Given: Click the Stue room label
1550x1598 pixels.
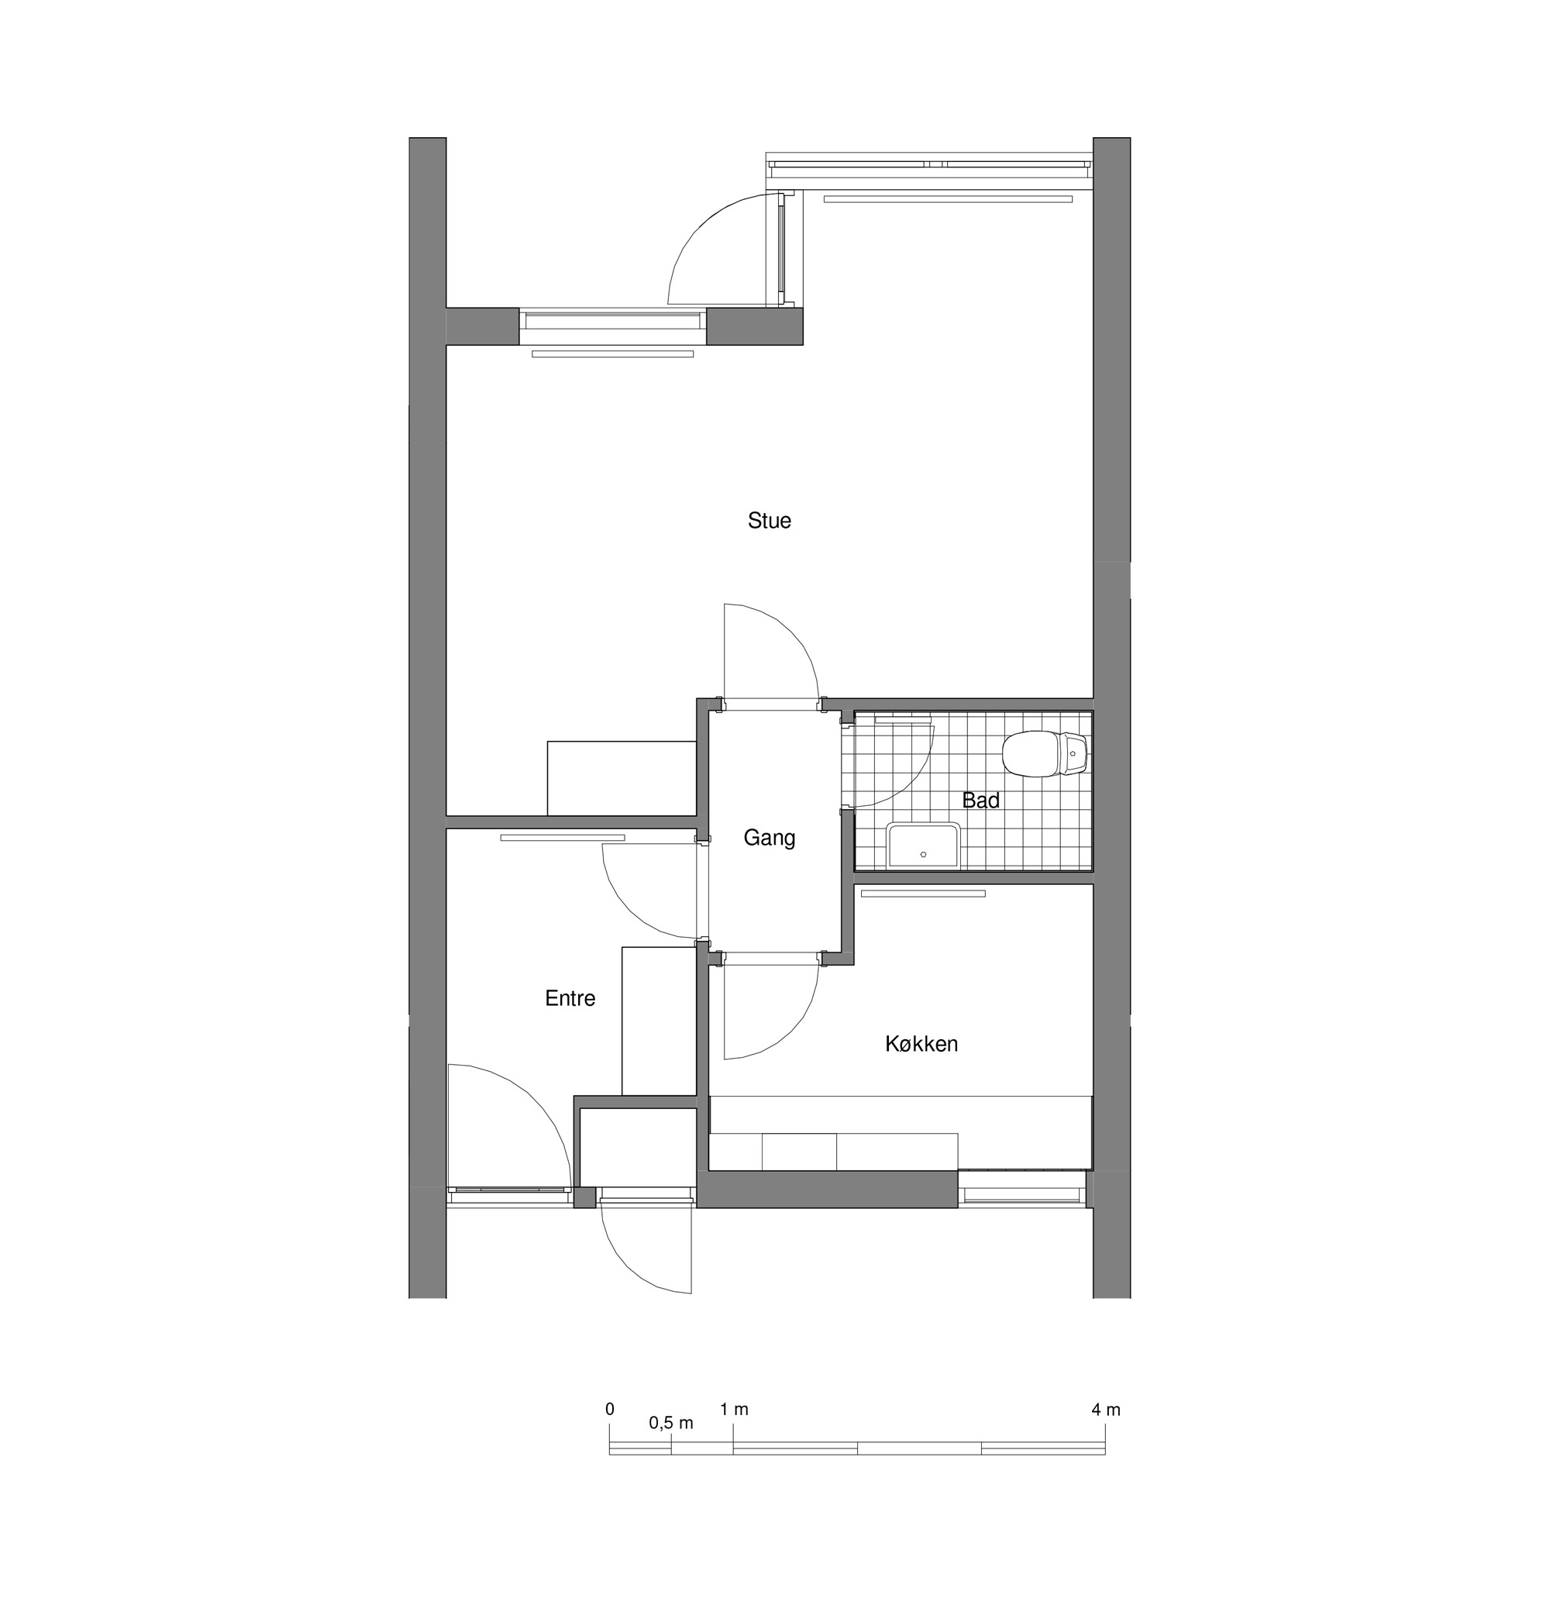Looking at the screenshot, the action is pos(769,521).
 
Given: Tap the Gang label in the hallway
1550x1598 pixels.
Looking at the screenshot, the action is pos(769,838).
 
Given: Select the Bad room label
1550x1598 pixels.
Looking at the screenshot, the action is pos(980,801).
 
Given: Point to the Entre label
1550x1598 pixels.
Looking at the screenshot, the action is pos(570,999).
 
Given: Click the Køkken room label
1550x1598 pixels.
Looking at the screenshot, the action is pos(921,1045).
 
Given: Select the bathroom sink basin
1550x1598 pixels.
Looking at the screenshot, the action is pos(924,846).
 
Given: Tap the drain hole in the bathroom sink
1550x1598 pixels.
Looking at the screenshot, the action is pos(923,855).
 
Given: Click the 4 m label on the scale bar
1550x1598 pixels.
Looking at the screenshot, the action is pos(1106,1410).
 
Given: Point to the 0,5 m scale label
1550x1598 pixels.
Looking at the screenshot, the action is pos(671,1423).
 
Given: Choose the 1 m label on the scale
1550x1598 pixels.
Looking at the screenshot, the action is pos(734,1410).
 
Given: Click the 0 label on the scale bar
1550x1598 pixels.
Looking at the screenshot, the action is pos(610,1410).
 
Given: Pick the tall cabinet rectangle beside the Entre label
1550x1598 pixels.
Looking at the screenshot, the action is pos(659,1021).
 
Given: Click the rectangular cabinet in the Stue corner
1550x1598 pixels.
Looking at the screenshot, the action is pos(622,778).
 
